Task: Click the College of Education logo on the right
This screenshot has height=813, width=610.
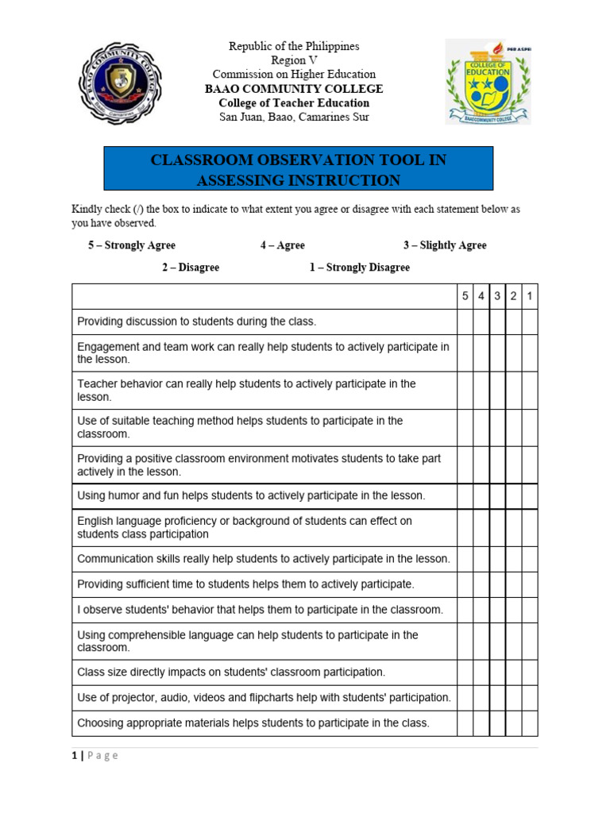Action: click(x=488, y=82)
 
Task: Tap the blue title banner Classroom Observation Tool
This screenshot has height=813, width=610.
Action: click(x=299, y=170)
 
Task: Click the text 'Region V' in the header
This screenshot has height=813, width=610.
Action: click(x=294, y=60)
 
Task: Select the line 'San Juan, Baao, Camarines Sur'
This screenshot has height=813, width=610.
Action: click(x=294, y=118)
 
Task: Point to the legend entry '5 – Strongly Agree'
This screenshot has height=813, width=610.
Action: click(x=132, y=245)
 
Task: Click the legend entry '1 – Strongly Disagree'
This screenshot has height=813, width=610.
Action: click(x=359, y=268)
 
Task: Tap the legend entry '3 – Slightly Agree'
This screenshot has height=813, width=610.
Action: click(x=445, y=245)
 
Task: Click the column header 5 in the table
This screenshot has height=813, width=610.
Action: click(x=465, y=296)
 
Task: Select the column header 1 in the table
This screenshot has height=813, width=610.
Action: click(x=530, y=296)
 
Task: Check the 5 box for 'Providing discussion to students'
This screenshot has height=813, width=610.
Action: click(x=465, y=322)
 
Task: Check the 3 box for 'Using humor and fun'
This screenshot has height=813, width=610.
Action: click(x=497, y=495)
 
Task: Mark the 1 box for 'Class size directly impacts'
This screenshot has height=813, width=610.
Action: click(x=530, y=672)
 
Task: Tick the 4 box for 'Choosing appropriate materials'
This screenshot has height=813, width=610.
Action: click(x=481, y=722)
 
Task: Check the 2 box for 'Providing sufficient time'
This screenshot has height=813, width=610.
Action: click(x=514, y=584)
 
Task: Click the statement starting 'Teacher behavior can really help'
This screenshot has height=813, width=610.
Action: click(x=246, y=390)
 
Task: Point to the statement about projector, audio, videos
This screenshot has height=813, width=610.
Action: click(x=264, y=697)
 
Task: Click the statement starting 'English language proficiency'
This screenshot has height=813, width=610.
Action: click(x=245, y=527)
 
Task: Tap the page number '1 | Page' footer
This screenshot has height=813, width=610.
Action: click(x=95, y=755)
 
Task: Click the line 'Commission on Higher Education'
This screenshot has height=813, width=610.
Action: click(x=294, y=75)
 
